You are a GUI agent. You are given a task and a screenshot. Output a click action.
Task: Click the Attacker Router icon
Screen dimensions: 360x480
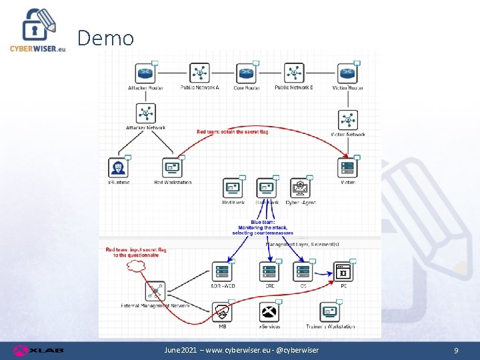coord(145,73)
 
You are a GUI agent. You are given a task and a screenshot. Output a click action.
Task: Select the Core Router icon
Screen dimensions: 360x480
coord(246,73)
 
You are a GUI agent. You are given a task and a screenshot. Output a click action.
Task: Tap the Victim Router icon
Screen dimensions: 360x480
coord(347,73)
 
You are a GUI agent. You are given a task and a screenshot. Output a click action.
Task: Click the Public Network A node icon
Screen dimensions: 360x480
coord(199,73)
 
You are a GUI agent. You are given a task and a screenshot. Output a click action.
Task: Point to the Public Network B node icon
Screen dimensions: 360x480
coord(293,73)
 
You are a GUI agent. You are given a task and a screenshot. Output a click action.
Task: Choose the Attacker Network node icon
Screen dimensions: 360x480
coord(145,113)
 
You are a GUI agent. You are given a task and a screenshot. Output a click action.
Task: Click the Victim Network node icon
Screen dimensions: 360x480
coord(347,120)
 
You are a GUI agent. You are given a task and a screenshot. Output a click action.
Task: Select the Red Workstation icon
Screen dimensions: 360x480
coord(172,167)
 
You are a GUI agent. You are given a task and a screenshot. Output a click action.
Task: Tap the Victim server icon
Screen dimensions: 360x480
coord(347,167)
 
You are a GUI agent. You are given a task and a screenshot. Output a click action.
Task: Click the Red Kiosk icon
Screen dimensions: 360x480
coord(233,188)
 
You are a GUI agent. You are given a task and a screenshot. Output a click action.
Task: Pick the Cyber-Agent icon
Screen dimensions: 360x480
coord(300,188)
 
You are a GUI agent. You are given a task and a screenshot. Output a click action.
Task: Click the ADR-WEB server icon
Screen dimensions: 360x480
coord(222,271)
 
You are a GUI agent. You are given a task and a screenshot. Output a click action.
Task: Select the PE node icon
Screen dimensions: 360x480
coord(343,271)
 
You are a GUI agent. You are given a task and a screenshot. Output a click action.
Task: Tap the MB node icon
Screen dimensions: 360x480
coord(222,311)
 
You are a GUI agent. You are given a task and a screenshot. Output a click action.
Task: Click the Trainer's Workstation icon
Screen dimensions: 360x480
coord(330,311)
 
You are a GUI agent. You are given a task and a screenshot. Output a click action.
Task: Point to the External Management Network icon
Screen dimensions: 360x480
coord(155,291)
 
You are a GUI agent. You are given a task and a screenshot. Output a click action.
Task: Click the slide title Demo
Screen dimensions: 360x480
coord(105,38)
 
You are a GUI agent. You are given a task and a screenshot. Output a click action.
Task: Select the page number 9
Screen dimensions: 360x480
coord(456,351)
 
